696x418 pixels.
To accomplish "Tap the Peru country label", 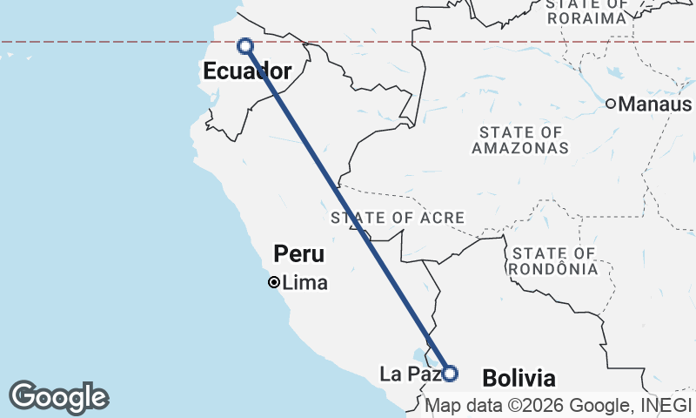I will point(298,254).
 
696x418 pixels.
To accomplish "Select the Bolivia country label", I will point(518,379).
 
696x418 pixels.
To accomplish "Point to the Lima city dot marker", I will point(273,282).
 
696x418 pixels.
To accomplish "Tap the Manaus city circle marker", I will point(611,104).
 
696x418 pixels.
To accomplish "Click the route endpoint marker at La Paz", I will point(450,374).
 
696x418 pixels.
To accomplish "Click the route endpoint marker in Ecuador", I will point(245,45).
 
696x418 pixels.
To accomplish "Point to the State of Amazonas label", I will point(520,140).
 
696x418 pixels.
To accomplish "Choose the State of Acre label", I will point(397,217).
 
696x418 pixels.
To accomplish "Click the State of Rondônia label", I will point(555,260).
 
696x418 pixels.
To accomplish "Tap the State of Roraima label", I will point(587,11).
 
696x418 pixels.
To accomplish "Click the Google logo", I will point(58,397).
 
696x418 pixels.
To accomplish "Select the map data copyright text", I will point(557,405).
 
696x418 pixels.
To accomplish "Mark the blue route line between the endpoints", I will point(348,209).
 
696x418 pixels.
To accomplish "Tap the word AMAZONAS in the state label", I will point(520,148).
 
